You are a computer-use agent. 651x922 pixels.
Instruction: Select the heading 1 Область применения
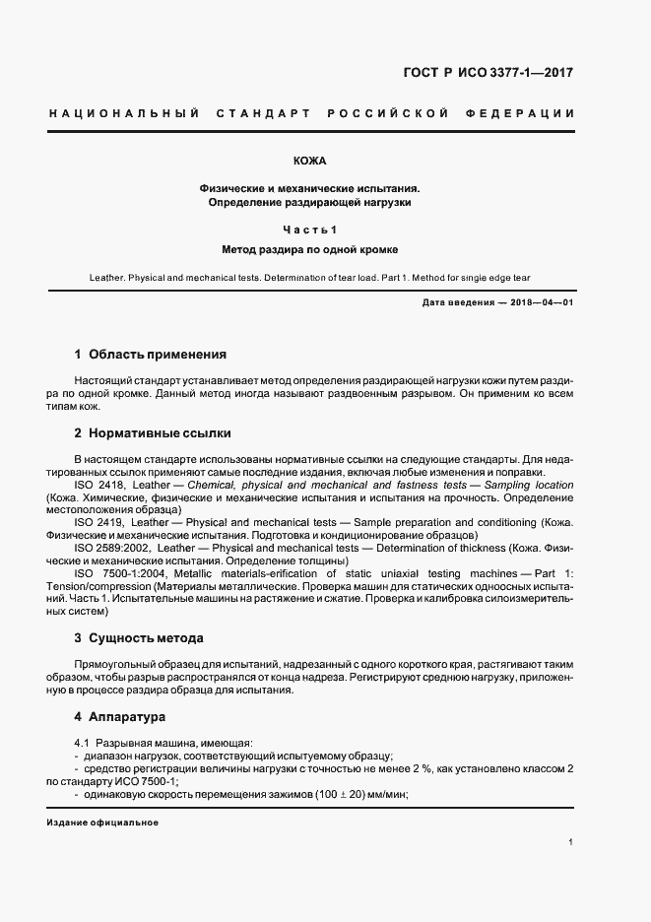151,354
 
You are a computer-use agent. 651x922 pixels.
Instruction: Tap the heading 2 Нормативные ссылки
153,432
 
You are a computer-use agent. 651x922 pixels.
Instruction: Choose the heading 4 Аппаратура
120,716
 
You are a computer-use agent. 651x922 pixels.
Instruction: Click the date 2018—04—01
542,302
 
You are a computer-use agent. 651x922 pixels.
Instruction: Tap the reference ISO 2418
98,486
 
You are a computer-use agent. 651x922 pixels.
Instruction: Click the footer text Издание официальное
102,823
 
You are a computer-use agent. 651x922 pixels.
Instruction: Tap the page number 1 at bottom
571,841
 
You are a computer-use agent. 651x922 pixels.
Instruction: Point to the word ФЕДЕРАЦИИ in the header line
525,114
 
